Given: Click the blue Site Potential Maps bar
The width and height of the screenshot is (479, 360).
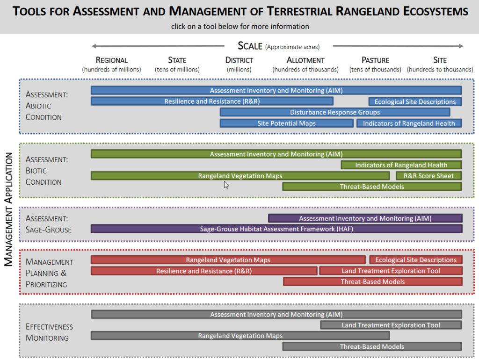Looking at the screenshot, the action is tap(287, 123).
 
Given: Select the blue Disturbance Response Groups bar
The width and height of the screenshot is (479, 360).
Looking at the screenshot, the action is tap(335, 112).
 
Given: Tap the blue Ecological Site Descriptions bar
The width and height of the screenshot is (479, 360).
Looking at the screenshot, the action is tap(415, 101).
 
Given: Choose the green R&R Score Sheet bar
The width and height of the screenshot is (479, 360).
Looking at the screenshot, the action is tap(428, 176).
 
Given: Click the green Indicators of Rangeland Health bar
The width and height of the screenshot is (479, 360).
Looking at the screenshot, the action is tap(401, 165).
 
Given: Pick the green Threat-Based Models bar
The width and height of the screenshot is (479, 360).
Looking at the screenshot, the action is tap(372, 187).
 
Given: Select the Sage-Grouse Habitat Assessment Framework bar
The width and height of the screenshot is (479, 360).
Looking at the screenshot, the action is tap(276, 229).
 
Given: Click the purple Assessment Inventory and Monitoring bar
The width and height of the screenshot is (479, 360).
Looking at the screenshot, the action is tap(365, 218).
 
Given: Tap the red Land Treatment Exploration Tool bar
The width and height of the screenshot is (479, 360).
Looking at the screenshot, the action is tap(391, 271).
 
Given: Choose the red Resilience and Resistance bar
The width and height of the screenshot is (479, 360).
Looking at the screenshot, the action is tap(204, 271).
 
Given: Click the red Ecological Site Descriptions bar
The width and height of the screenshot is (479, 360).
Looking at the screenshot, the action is tap(416, 260).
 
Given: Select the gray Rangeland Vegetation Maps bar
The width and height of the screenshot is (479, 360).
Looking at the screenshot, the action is tap(240, 336).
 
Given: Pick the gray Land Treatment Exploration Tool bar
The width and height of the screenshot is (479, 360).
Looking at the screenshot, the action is tap(391, 325).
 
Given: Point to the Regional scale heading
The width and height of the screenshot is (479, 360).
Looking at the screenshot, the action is tap(111, 60).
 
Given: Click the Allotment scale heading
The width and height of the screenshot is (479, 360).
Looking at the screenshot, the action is tap(305, 60).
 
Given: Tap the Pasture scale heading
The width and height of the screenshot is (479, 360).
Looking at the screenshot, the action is tap(375, 60).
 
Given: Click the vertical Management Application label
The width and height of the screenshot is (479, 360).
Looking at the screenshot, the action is tap(8, 209).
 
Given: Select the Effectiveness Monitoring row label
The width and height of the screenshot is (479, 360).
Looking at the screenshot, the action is tap(49, 332).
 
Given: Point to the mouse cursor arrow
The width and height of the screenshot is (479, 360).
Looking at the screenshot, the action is tap(226, 185).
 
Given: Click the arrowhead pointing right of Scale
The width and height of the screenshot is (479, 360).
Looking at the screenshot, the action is tap(461, 46).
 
